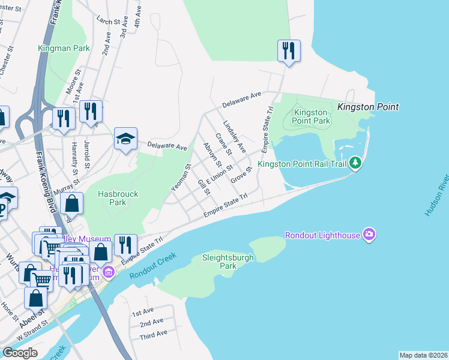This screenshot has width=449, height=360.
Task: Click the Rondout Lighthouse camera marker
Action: (369, 235)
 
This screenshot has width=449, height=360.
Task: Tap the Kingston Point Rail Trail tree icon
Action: (355, 163)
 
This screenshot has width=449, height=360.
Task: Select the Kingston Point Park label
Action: (312, 116)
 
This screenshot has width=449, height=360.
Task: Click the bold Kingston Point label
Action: (368, 107)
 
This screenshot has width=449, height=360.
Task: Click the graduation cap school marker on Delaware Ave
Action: (126, 139)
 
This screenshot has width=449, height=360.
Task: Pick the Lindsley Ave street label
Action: (235, 137)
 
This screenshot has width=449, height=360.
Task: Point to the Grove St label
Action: (240, 176)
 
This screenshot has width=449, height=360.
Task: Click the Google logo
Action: (20, 353)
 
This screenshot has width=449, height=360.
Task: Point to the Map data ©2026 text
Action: (423, 355)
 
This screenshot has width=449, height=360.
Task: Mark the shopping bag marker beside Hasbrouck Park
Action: (72, 204)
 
